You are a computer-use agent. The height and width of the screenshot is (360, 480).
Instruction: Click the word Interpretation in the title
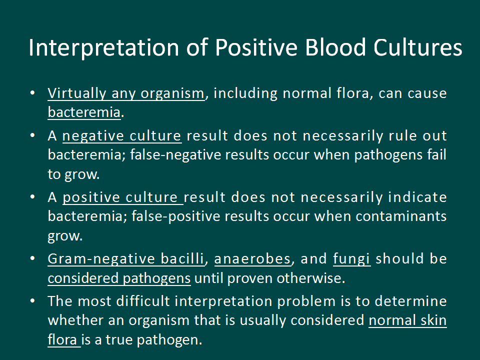pyautogui.click(x=104, y=48)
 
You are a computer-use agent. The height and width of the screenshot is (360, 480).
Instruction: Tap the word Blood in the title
pyautogui.click(x=335, y=47)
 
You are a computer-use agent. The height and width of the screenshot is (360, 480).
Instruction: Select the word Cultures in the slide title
pyautogui.click(x=417, y=47)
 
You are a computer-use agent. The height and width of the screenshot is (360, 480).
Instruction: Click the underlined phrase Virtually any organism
pyautogui.click(x=126, y=93)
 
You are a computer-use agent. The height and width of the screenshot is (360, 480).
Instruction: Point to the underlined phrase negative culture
pyautogui.click(x=122, y=136)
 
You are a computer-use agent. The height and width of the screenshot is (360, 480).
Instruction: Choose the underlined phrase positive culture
pyautogui.click(x=123, y=197)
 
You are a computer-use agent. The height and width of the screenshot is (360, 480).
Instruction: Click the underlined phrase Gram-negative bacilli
pyautogui.click(x=126, y=259)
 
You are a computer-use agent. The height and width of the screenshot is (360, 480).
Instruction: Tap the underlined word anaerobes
pyautogui.click(x=252, y=259)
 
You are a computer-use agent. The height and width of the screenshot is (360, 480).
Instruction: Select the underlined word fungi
pyautogui.click(x=351, y=259)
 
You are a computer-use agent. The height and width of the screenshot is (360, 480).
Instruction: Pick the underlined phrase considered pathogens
pyautogui.click(x=119, y=278)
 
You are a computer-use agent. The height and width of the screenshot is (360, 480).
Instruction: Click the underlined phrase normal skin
pyautogui.click(x=407, y=320)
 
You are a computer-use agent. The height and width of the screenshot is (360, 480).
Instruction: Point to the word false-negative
pyautogui.click(x=175, y=155)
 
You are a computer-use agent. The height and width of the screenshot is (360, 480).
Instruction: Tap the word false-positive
pyautogui.click(x=176, y=216)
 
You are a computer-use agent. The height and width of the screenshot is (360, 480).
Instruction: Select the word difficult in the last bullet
pyautogui.click(x=143, y=301)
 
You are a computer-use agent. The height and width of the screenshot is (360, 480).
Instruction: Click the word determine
pyautogui.click(x=410, y=301)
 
